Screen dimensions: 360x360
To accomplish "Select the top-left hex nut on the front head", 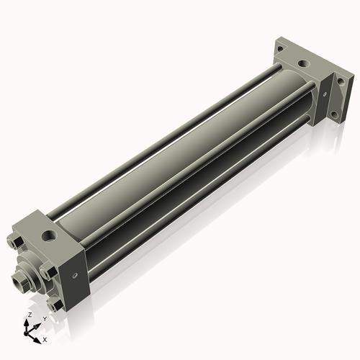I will [x=16, y=242].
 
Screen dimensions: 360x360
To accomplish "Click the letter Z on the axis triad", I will [x=30, y=315].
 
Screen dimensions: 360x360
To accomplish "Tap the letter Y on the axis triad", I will [x=45, y=318].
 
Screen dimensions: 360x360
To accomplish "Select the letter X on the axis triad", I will [x=45, y=338].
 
